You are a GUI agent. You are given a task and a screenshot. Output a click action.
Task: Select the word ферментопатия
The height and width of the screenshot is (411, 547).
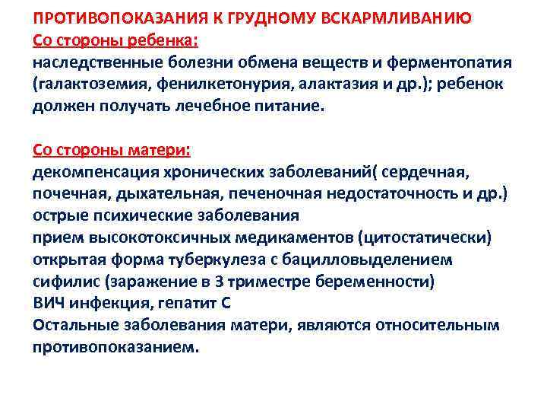[x=448, y=62]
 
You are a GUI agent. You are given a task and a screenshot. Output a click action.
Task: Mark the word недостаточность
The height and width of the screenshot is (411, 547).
[x=381, y=194]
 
